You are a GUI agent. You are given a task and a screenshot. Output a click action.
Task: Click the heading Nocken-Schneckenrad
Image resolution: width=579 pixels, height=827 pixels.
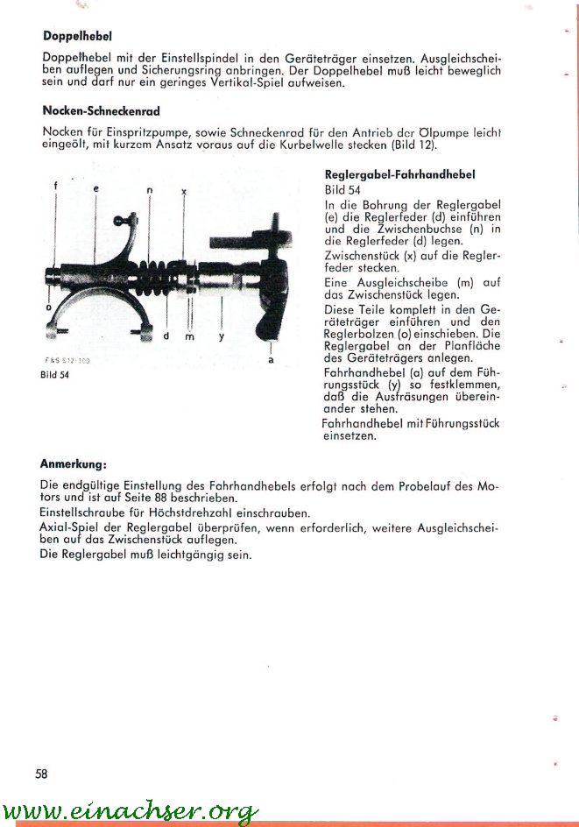(x=101, y=111)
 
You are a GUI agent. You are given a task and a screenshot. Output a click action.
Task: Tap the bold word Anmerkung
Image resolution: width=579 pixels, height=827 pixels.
(x=74, y=463)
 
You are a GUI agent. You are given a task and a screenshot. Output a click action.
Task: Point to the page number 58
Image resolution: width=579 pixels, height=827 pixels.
(x=41, y=773)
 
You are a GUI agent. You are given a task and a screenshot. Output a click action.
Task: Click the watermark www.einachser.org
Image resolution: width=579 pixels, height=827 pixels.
(x=130, y=810)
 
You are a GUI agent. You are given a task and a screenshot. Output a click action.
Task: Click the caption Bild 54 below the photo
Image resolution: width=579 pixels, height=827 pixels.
(x=55, y=374)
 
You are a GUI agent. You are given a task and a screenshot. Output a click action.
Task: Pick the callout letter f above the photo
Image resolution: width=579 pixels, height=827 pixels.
(x=55, y=187)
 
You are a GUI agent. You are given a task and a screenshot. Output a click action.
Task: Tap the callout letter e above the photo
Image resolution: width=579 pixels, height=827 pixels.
(x=95, y=188)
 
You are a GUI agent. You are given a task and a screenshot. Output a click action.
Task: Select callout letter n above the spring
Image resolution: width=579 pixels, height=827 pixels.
(x=150, y=189)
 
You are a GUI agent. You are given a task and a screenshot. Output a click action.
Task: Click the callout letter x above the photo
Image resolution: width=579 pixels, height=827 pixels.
(x=183, y=189)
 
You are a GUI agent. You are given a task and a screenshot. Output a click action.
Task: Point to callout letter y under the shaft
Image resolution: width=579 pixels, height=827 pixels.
(x=221, y=336)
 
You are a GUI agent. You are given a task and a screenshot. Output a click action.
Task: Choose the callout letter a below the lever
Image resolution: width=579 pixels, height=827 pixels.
(x=271, y=359)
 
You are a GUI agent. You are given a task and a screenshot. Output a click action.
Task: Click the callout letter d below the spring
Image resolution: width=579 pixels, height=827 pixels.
(x=166, y=336)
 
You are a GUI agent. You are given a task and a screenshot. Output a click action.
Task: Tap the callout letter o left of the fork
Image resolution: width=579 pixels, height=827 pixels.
(x=48, y=307)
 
